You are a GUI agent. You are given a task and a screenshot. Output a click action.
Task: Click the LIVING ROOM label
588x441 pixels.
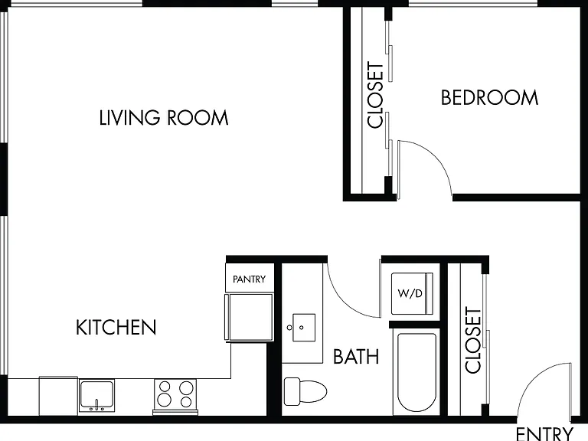tap(164, 118)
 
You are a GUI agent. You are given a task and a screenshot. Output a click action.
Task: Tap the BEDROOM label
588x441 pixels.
tap(489, 97)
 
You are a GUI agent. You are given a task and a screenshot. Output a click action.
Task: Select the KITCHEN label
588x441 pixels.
tap(116, 328)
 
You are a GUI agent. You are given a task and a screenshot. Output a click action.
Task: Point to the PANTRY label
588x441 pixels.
tap(249, 279)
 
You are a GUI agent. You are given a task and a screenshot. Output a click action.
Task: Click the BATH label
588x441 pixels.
tap(356, 356)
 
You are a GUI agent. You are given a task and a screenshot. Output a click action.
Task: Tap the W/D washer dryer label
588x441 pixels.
tap(410, 293)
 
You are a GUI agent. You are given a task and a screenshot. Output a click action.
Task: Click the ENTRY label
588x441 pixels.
tap(544, 434)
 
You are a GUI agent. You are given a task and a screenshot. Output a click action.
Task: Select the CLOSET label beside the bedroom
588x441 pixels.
tap(376, 95)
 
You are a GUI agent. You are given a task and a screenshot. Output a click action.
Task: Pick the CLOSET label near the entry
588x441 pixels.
tap(473, 341)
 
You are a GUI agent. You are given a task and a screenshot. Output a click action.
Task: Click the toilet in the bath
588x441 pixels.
tap(305, 391)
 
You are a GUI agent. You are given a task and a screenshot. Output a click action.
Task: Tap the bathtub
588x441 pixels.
tap(416, 371)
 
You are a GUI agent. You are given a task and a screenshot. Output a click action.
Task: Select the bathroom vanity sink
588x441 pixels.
tap(304, 328)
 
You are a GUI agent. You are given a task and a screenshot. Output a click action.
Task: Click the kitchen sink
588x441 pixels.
tap(96, 395)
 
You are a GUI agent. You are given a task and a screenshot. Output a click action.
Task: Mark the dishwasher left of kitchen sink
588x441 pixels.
tap(58, 396)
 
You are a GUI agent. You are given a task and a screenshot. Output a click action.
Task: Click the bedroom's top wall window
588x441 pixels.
tap(473, 3)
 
